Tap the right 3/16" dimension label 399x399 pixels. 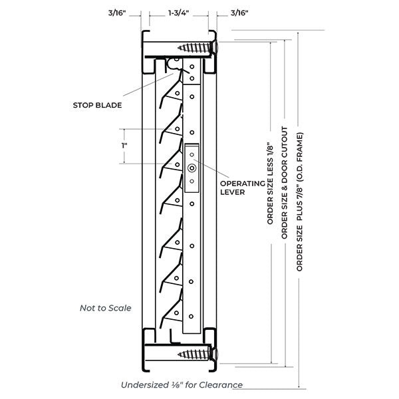239,12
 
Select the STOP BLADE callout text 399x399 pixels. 102,104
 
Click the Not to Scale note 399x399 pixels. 105,308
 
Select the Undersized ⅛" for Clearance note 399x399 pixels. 182,385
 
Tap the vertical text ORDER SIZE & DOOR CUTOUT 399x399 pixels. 285,182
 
